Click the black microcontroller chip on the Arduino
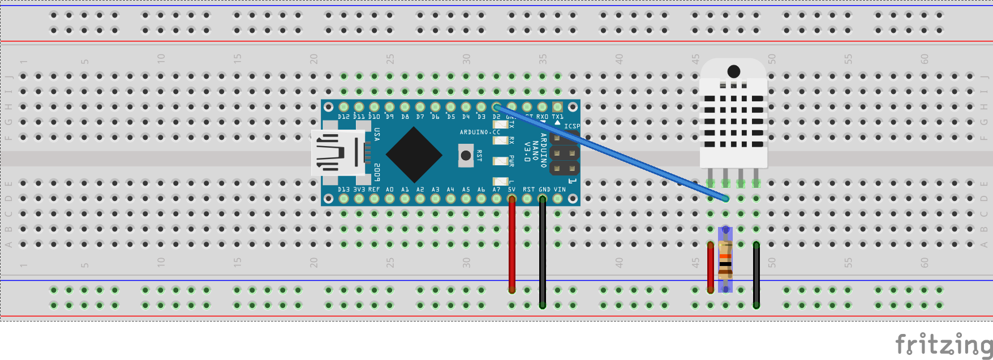[x=414, y=155]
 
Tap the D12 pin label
[x=343, y=117]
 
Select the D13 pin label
[x=343, y=190]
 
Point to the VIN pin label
[x=559, y=190]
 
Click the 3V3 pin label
[x=359, y=190]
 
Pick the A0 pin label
[x=390, y=190]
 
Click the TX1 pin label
[x=557, y=117]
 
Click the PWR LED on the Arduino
[x=500, y=161]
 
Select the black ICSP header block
[x=564, y=153]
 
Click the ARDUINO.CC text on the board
[x=480, y=132]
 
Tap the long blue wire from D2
[x=611, y=152]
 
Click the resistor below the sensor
[x=725, y=259]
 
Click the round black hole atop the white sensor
[x=734, y=71]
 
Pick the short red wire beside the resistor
[x=711, y=267]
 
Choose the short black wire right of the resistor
[x=756, y=275]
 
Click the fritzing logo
[x=944, y=344]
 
